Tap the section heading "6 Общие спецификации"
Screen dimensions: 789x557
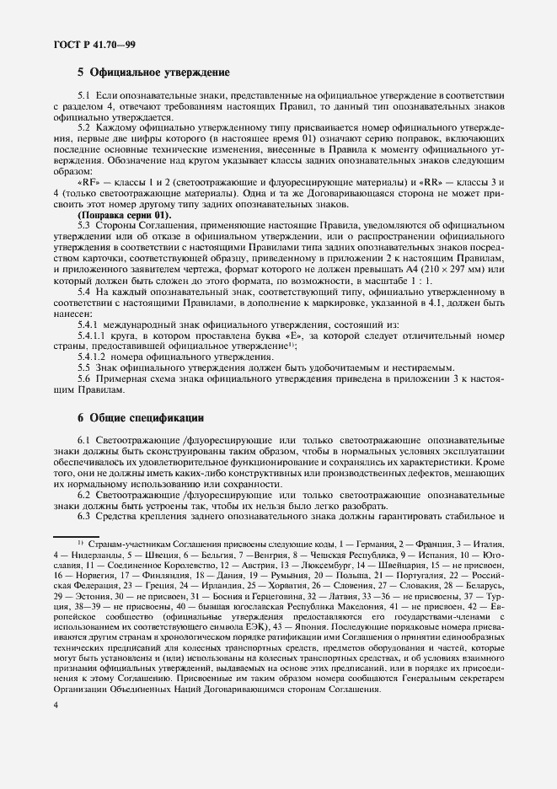coord(141,418)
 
